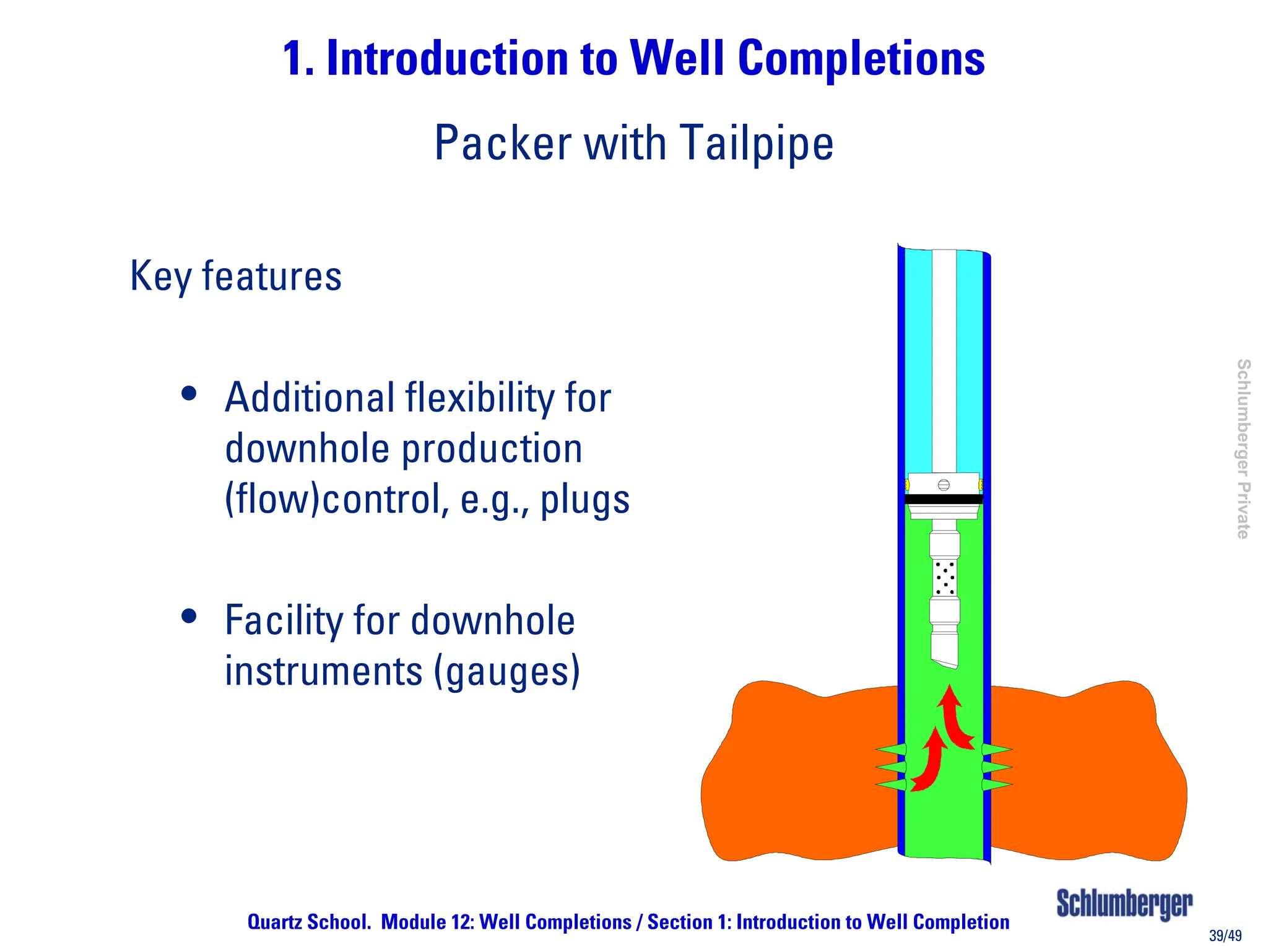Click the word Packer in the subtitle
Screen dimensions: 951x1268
[502, 143]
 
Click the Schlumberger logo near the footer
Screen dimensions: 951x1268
[1124, 903]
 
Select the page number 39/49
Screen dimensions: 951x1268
[1225, 936]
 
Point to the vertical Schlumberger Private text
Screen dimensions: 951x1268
[1243, 448]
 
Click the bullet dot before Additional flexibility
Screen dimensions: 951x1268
[189, 394]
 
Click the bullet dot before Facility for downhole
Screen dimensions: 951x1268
[189, 616]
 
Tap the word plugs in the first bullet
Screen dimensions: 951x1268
[584, 500]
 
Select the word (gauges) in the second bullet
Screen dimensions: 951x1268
[506, 672]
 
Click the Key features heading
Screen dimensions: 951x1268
[235, 276]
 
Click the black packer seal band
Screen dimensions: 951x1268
[944, 499]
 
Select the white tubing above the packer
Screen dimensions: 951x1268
[944, 359]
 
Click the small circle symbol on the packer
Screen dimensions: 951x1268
[944, 485]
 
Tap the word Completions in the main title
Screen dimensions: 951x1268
[861, 59]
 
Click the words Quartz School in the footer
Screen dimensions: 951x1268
[308, 922]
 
